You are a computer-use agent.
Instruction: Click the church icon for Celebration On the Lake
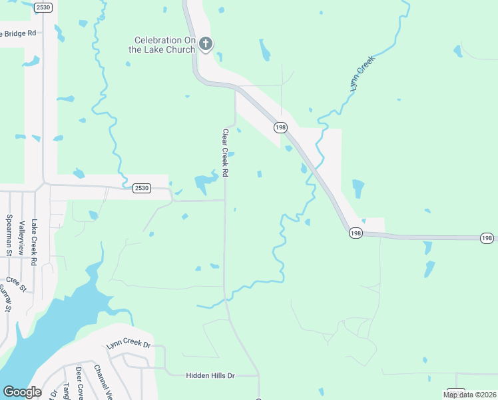tap(206, 44)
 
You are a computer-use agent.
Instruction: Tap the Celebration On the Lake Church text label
tap(163, 45)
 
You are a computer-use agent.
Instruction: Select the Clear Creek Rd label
tap(226, 153)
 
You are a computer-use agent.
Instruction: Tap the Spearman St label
tap(9, 235)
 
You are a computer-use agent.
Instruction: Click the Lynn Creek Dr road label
tap(129, 346)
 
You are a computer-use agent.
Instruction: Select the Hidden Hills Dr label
tap(210, 376)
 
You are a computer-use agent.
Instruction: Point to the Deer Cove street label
tap(79, 381)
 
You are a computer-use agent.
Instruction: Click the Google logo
tap(22, 392)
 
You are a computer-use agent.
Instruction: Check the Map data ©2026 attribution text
tap(469, 395)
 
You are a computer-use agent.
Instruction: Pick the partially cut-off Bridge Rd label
tap(18, 33)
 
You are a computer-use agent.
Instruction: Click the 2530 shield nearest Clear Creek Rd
tap(141, 188)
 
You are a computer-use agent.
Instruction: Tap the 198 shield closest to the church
tap(280, 126)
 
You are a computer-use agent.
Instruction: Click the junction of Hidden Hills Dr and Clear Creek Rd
tap(258, 376)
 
